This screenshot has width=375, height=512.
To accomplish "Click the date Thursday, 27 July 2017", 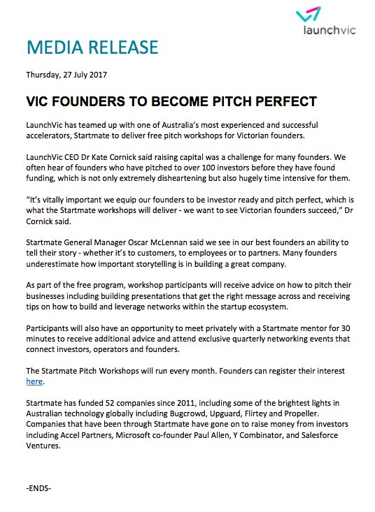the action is coord(66,73).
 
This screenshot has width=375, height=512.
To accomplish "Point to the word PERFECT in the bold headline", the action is coord(276,101).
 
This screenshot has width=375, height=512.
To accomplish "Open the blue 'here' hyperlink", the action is coord(34,381).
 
